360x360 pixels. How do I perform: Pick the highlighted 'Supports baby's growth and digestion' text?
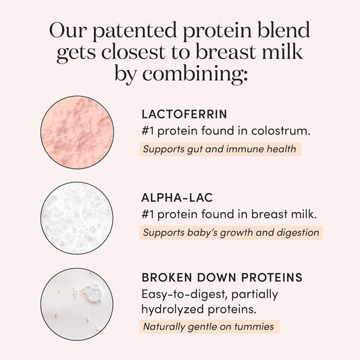coord(231,233)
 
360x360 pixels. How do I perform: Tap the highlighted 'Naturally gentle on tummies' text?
coord(210,327)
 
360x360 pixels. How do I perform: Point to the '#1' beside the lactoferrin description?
coord(149,130)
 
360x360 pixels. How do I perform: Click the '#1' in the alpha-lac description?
coord(149,215)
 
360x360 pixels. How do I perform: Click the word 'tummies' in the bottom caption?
coord(258,327)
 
